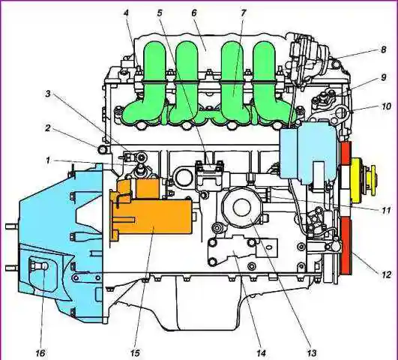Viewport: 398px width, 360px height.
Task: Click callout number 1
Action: point(47,160)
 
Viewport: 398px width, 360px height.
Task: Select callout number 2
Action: point(47,127)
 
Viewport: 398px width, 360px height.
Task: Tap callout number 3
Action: point(48,94)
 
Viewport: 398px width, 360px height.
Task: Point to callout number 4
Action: point(126,13)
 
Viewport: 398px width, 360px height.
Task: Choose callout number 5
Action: point(160,13)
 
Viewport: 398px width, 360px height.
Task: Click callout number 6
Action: point(194,13)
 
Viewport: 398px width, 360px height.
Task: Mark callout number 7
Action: point(243,13)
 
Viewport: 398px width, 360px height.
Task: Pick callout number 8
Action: point(384,49)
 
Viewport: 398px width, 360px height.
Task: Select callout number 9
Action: point(384,77)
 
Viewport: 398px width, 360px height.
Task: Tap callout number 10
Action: point(386,106)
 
